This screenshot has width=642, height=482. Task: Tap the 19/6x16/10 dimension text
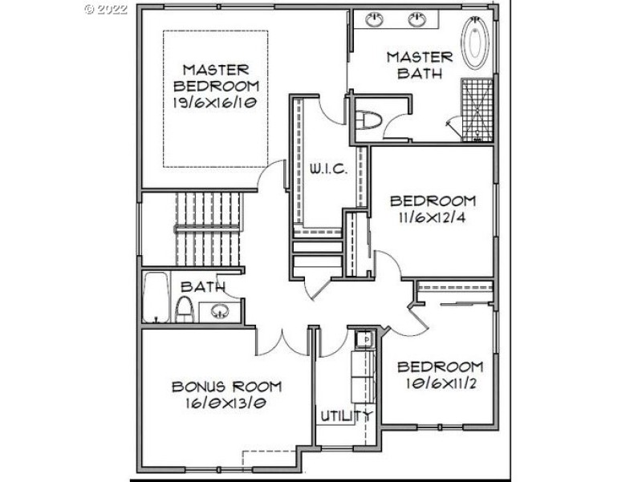coord(214,103)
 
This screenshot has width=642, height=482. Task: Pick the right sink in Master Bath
coord(416,19)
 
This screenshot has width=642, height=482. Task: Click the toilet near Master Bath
coord(368,119)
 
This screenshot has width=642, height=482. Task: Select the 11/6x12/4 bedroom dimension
coord(432,217)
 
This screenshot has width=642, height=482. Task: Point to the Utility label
coord(346,415)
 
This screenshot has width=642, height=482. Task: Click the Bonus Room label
coord(226,387)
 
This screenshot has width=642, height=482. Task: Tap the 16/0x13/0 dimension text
coord(226,403)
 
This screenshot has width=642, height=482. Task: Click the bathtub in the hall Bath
coord(156,298)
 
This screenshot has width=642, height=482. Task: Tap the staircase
coord(207,229)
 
